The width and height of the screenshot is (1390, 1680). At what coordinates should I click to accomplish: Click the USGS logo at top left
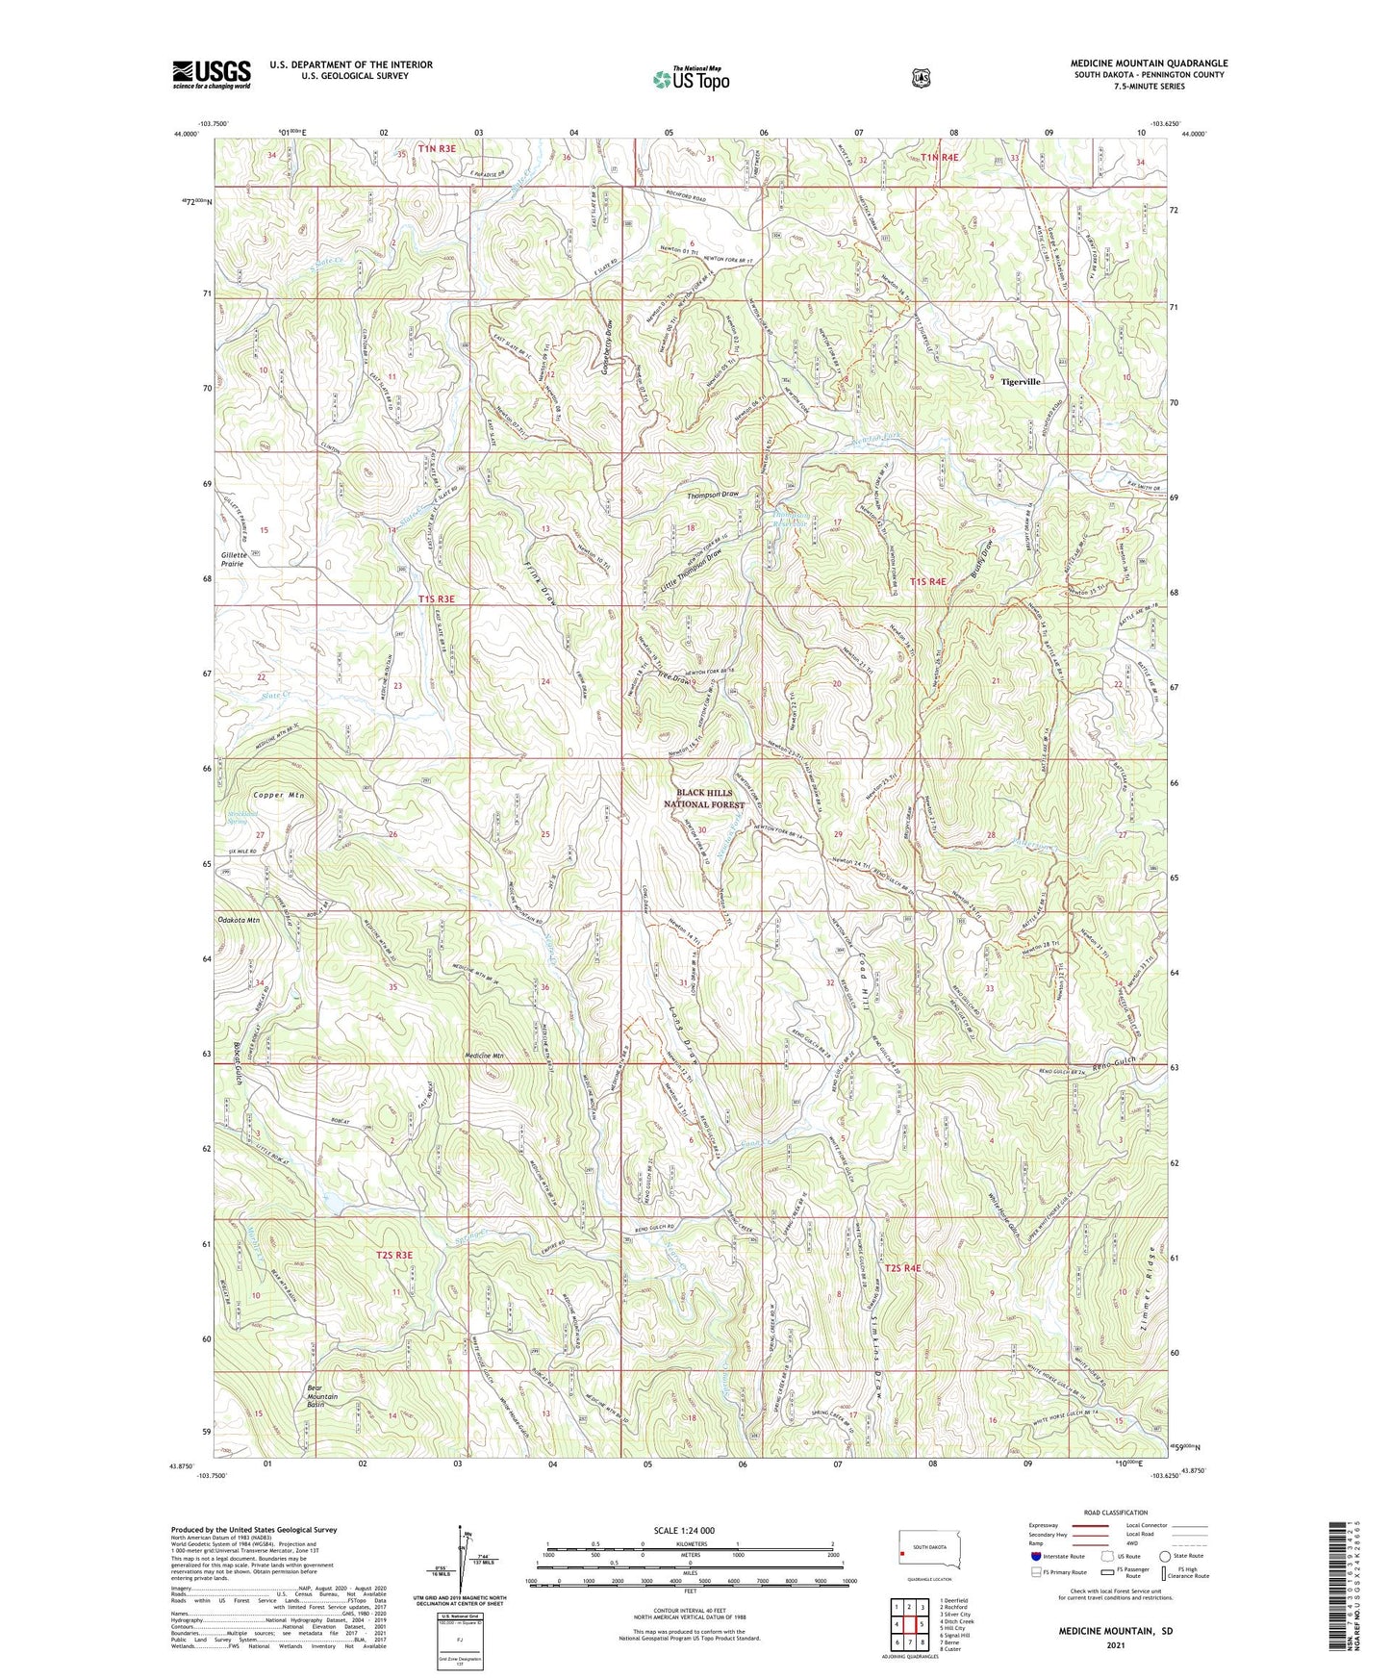coord(212,74)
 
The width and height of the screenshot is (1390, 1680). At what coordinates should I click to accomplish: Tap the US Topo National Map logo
coord(690,79)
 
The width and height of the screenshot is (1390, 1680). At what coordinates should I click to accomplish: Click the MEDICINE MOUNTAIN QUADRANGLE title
coord(1149,64)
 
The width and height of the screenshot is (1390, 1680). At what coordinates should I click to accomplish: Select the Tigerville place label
coord(1021,382)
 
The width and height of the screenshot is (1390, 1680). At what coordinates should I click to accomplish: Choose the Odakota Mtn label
coord(240,920)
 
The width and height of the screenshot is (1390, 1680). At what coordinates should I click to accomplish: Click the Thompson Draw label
coord(713,495)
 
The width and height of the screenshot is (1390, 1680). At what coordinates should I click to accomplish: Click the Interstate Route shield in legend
coord(1035,1555)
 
